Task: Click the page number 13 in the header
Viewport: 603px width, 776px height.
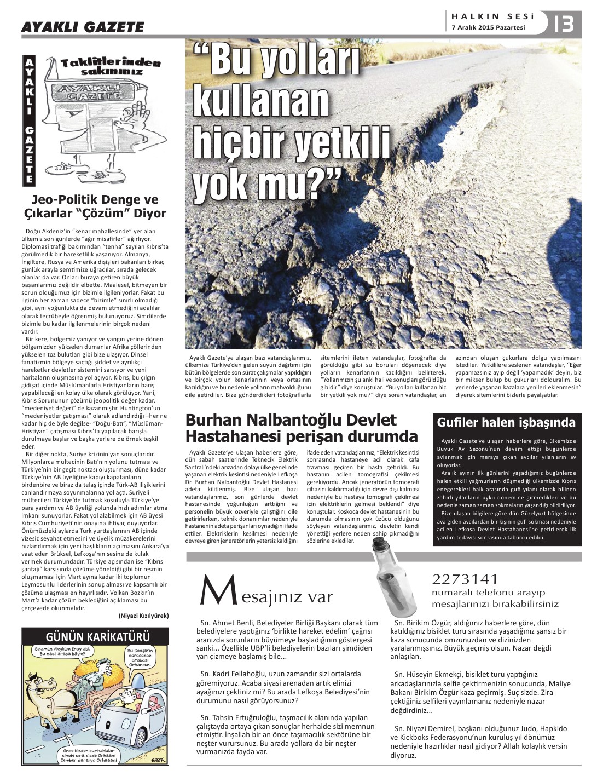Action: [564, 24]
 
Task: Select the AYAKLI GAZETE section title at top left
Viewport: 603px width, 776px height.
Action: [82, 26]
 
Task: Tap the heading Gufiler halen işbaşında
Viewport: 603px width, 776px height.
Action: [506, 422]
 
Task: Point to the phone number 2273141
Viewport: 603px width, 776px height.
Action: [465, 579]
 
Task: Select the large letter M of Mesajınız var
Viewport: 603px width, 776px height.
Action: [212, 591]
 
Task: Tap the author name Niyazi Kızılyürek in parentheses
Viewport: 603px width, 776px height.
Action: [144, 616]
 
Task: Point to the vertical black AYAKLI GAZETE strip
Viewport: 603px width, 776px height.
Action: [29, 120]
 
